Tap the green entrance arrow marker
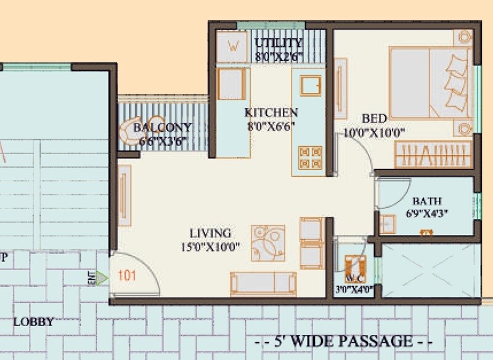[x=102, y=278]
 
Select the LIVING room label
[x=210, y=234]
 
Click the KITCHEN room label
[x=271, y=113]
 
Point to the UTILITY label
[x=279, y=43]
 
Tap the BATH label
[x=426, y=202]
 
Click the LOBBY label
[x=33, y=322]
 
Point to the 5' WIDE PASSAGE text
[x=344, y=340]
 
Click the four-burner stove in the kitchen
[x=310, y=157]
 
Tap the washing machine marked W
[x=233, y=45]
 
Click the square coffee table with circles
[x=268, y=243]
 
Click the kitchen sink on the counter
[x=311, y=85]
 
